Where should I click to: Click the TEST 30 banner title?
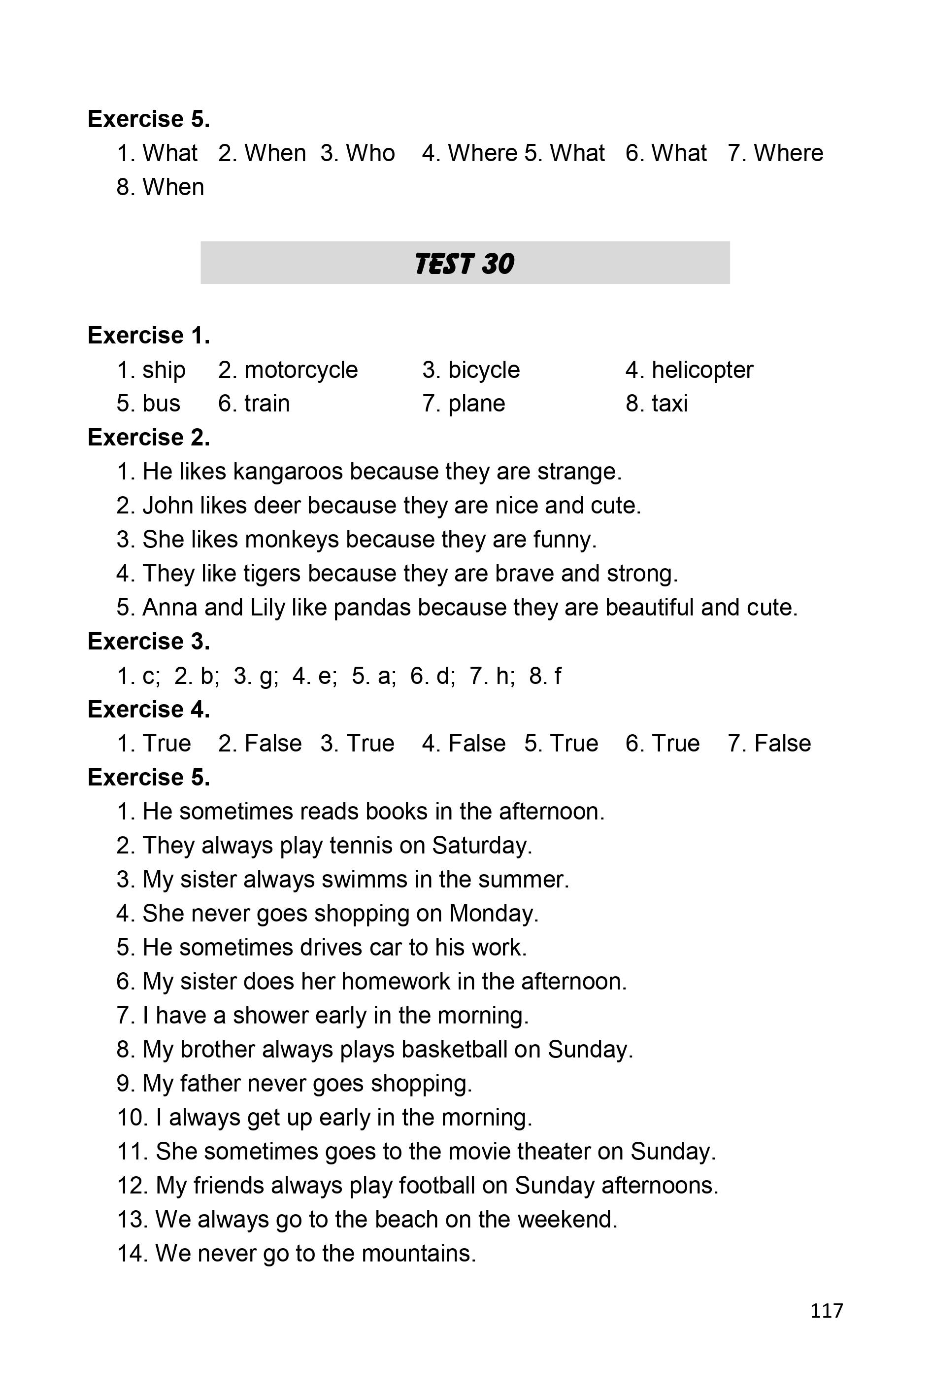click(465, 264)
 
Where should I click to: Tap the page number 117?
click(826, 1310)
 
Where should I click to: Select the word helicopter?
click(702, 370)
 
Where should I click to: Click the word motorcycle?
click(301, 370)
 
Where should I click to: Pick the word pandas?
click(372, 608)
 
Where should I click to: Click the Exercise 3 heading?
click(148, 642)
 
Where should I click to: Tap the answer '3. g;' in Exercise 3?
click(255, 676)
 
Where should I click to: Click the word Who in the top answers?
click(370, 153)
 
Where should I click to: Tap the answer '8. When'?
click(160, 187)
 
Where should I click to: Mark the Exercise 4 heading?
click(148, 709)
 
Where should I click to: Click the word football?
click(436, 1185)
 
